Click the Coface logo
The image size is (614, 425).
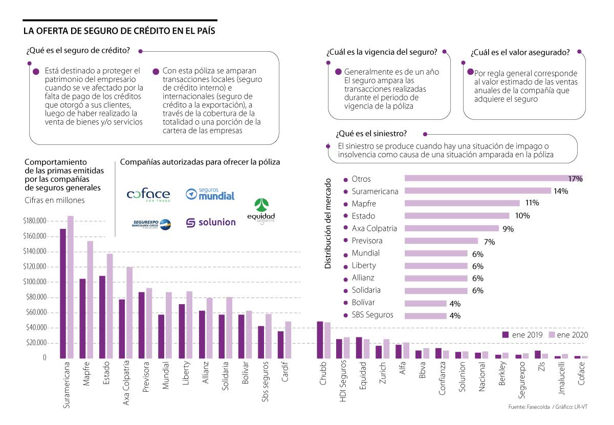coord(148,195)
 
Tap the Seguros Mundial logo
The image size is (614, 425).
coord(210,194)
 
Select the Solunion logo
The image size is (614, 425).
coord(210,222)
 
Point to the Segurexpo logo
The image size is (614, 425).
coord(151,223)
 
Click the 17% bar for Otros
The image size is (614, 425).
coord(493,179)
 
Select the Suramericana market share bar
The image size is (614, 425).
coord(477,191)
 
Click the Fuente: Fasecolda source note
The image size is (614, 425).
coord(530,407)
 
